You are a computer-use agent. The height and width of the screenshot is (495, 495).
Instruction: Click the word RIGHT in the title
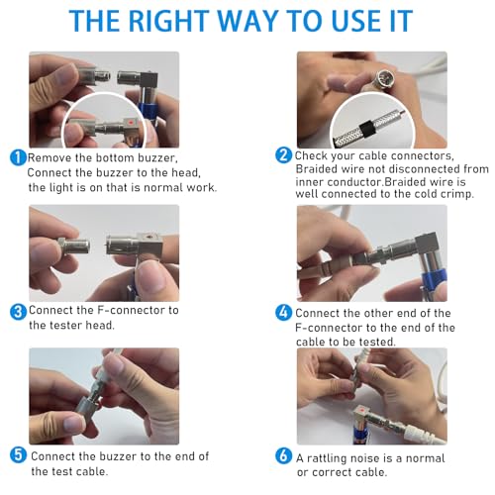(x=168, y=21)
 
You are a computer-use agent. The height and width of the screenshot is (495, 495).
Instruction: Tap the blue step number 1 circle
(x=19, y=157)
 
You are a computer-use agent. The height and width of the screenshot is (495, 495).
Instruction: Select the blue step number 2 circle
(x=283, y=155)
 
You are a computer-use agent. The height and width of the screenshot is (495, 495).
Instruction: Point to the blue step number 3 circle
(x=18, y=312)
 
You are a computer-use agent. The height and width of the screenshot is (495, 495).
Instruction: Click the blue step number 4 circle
(x=283, y=313)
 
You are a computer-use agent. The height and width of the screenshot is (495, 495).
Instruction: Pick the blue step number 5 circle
(x=18, y=454)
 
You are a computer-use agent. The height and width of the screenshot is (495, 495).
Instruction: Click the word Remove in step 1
(x=49, y=157)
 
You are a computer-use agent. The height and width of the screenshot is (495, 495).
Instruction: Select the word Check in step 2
(x=311, y=155)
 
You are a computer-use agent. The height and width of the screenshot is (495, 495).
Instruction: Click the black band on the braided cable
(x=367, y=129)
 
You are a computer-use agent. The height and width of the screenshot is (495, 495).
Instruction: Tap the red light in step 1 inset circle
(x=131, y=123)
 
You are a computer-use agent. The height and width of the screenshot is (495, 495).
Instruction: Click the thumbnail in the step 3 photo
(x=150, y=276)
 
